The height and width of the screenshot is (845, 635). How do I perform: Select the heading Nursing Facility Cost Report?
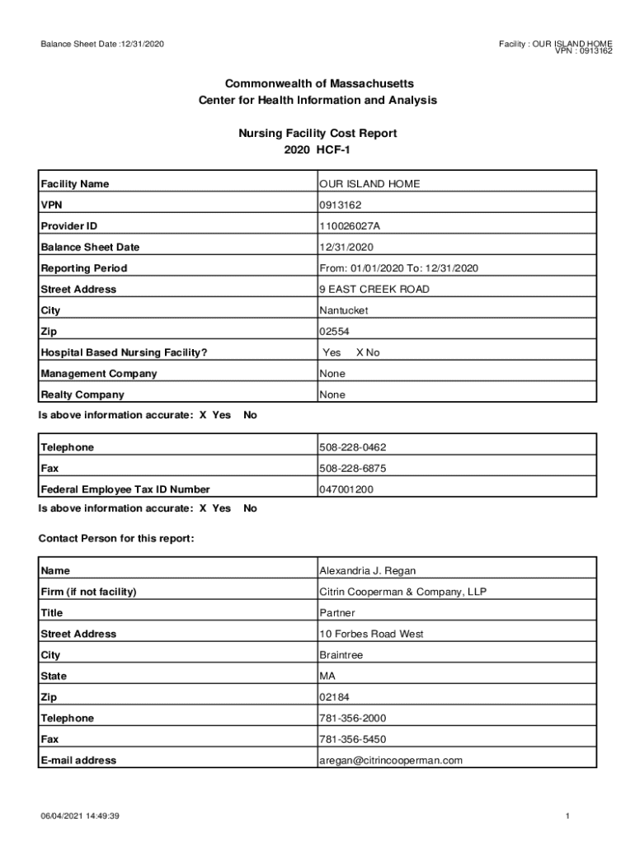pos(317,133)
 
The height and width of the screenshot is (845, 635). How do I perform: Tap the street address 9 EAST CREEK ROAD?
pos(374,290)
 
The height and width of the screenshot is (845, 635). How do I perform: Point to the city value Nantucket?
pos(344,311)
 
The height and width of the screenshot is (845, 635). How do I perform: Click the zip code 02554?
pos(334,332)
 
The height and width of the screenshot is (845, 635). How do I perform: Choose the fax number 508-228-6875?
pos(352,469)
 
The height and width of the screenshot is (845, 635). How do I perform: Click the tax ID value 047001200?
pos(346,489)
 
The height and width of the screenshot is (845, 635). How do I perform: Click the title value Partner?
pos(337,613)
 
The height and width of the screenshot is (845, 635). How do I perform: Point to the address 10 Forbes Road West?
pos(371,635)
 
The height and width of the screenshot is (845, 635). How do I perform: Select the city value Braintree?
pos(341,655)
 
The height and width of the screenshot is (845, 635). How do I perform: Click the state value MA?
pos(327,677)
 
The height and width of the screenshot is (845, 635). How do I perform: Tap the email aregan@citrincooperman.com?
pos(391,761)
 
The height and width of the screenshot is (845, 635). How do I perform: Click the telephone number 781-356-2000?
pos(352,719)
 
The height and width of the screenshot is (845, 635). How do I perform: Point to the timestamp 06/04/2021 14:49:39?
pos(81,816)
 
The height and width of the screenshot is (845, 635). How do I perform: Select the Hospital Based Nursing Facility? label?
pos(124,353)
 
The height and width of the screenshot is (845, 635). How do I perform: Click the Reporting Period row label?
pos(84,268)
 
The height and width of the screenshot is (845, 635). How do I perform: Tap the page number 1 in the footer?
pos(568,816)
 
